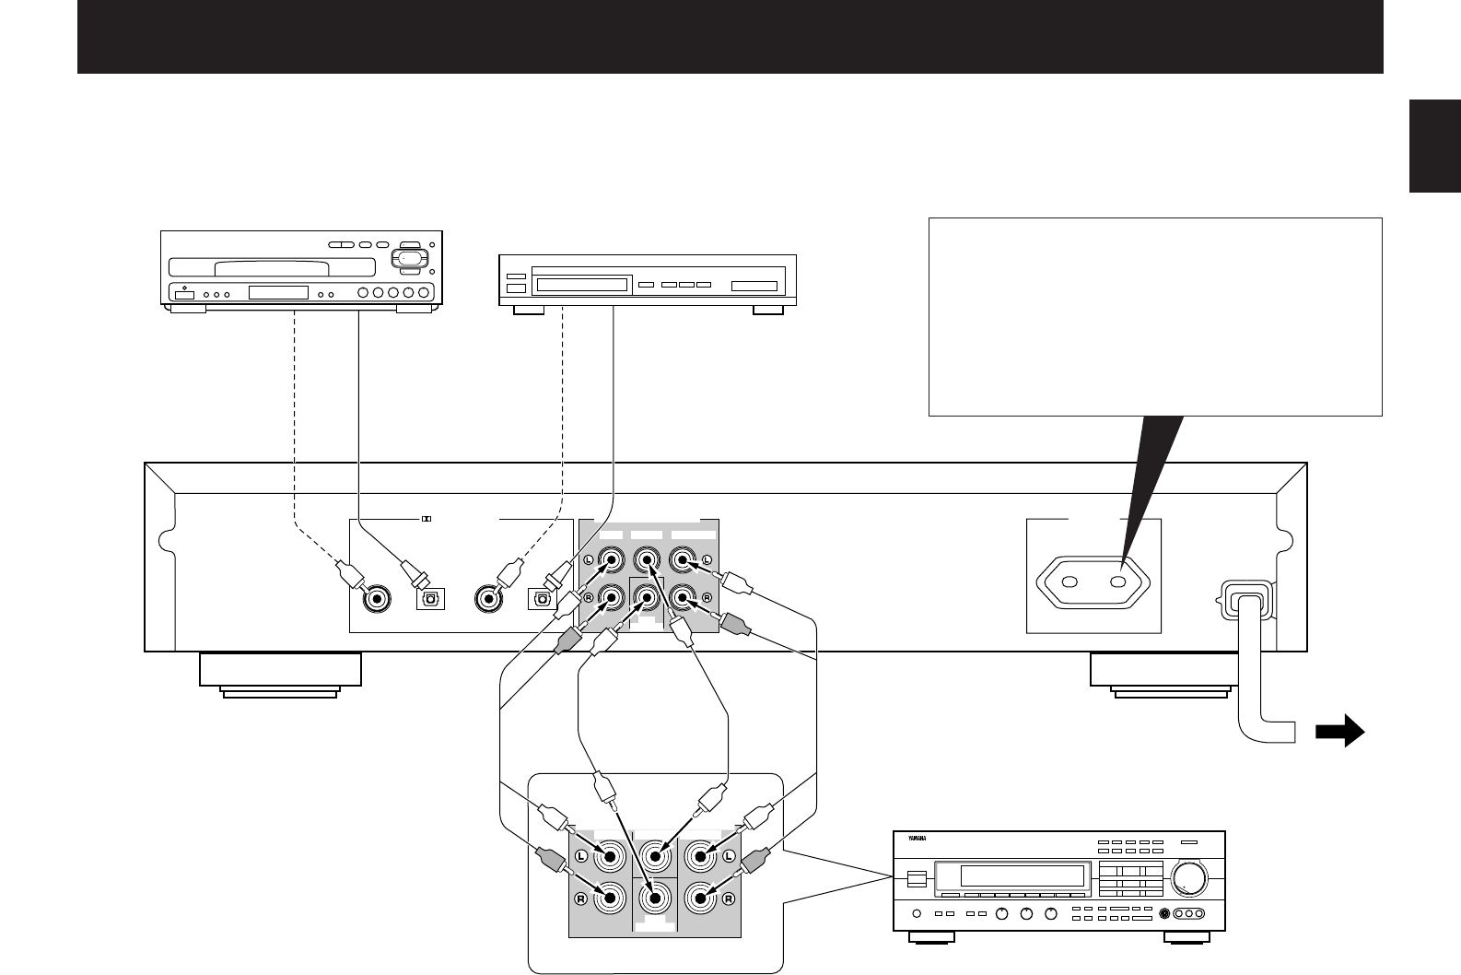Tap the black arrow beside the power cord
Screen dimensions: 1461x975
pyautogui.click(x=1339, y=731)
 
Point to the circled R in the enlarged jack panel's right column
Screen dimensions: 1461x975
pyautogui.click(x=728, y=899)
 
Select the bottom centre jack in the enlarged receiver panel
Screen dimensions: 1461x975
pyautogui.click(x=655, y=896)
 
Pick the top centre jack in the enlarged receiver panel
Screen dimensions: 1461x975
pyautogui.click(x=655, y=857)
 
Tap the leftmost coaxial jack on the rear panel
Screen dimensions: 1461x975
pyautogui.click(x=375, y=599)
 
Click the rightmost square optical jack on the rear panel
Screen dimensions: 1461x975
pyautogui.click(x=541, y=599)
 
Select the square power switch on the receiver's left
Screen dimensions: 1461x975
pyautogui.click(x=915, y=878)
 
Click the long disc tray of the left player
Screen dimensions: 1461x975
pyautogui.click(x=295, y=268)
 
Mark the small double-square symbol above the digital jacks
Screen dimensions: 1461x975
pyautogui.click(x=426, y=519)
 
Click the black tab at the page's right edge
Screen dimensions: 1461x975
pyautogui.click(x=1434, y=147)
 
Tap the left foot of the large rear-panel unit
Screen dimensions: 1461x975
pyautogui.click(x=280, y=671)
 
